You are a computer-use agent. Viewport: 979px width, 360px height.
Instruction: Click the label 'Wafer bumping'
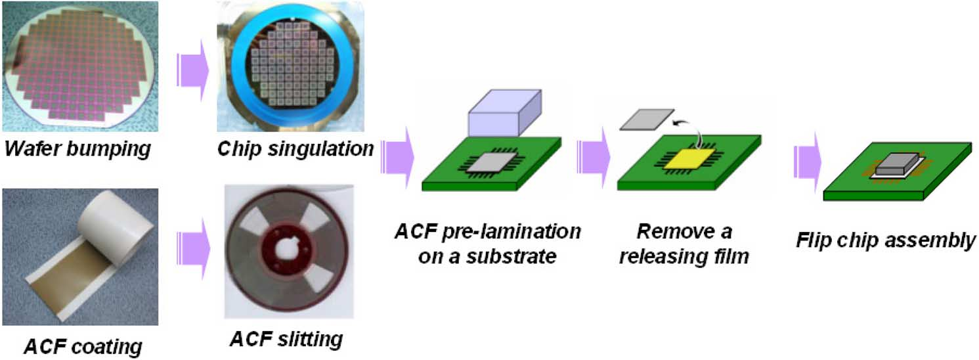[76, 149]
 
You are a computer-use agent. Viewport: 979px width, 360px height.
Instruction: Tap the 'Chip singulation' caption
[295, 149]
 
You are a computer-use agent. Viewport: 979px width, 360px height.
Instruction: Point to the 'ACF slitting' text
[286, 340]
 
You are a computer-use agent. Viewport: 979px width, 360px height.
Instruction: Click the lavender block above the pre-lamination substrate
[504, 112]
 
